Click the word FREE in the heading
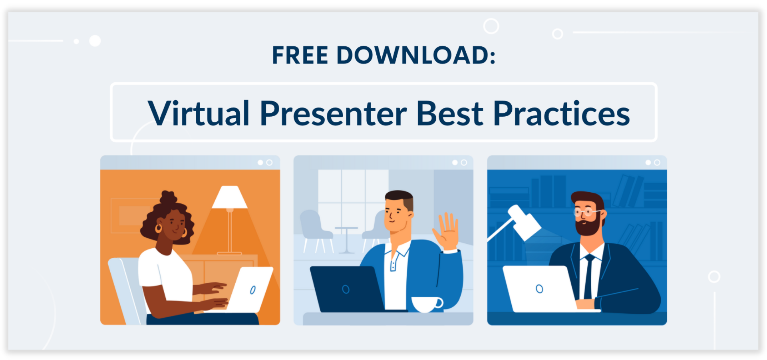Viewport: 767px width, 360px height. pos(300,55)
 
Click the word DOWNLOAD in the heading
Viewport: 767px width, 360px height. pos(413,55)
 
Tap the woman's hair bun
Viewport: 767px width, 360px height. pos(168,197)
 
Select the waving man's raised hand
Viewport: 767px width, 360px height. pos(447,231)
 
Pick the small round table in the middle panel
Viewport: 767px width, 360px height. pos(346,240)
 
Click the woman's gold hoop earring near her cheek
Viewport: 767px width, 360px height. pos(159,228)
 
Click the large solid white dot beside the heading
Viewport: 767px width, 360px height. pos(95,41)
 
